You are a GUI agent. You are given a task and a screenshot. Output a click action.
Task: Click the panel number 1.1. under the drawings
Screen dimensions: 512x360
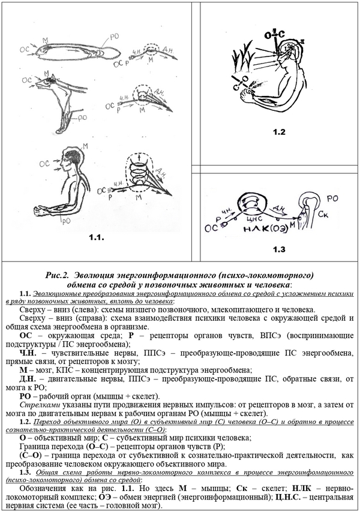[95, 238]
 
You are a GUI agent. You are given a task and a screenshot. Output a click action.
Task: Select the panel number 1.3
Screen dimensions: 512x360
[277, 249]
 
